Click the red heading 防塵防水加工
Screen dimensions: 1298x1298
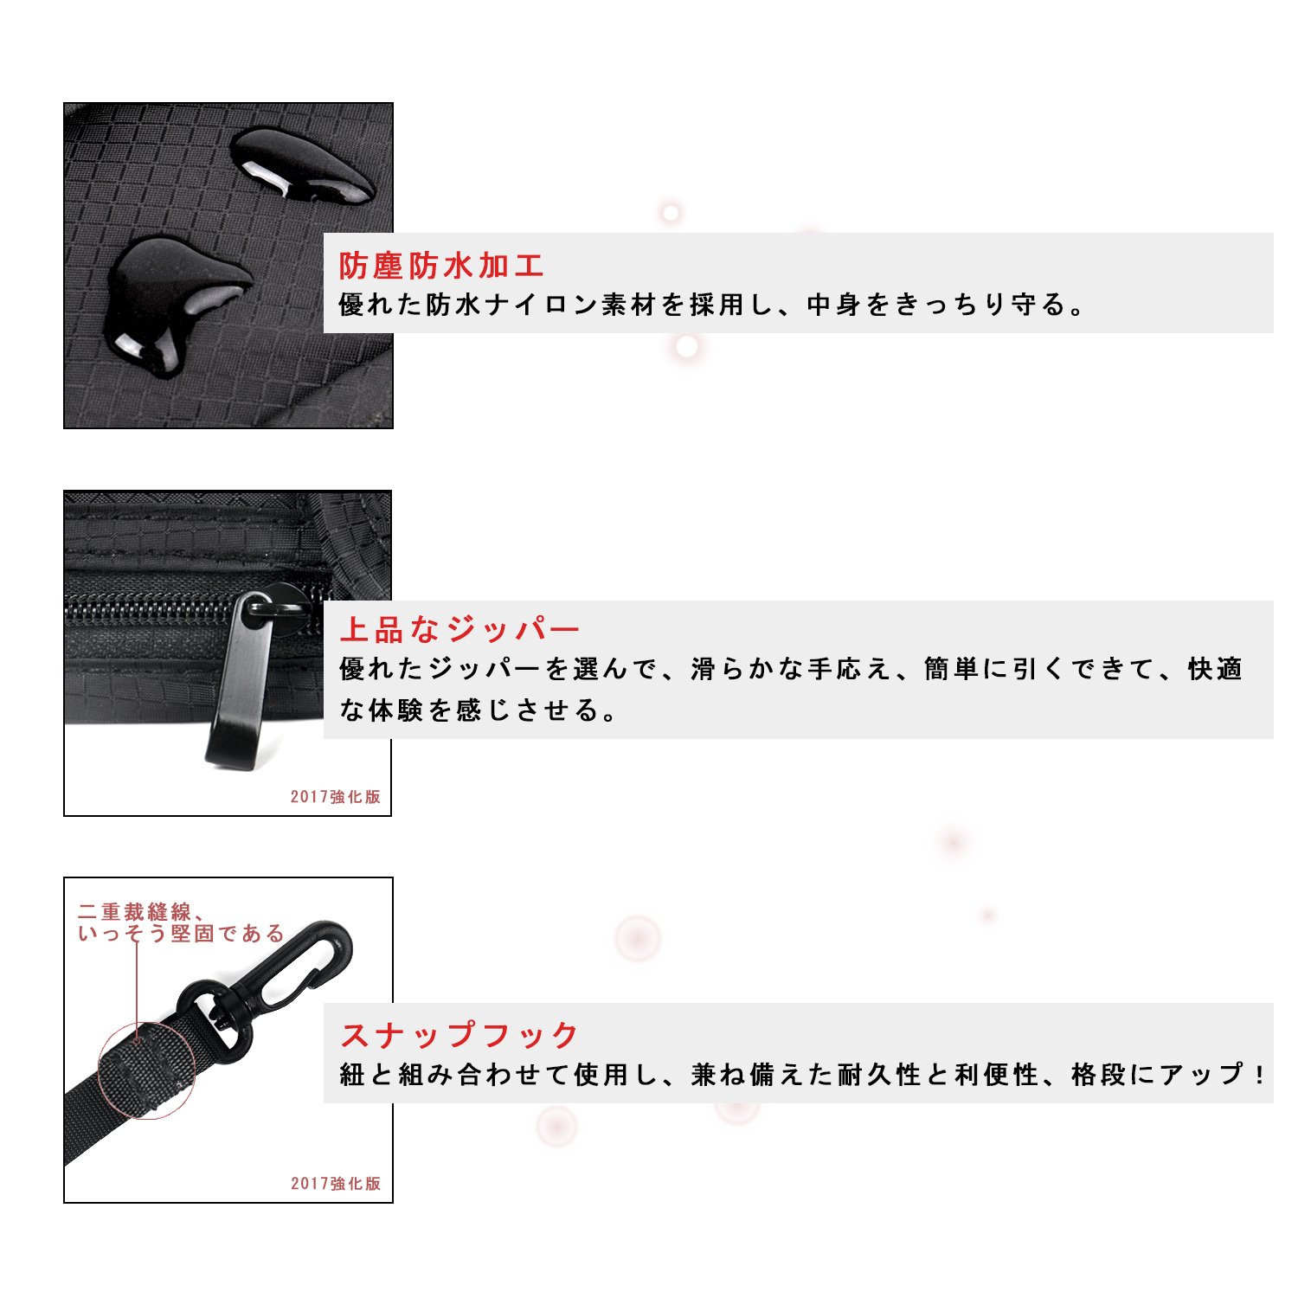click(441, 266)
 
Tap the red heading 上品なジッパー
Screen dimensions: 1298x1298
click(459, 630)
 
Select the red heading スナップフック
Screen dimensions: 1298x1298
click(459, 1035)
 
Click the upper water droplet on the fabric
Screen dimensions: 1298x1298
click(303, 166)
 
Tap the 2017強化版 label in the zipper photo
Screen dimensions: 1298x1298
click(336, 797)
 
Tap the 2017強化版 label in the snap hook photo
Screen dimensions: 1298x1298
click(336, 1184)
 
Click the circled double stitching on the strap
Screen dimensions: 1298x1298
click(145, 1071)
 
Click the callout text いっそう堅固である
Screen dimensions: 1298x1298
click(181, 934)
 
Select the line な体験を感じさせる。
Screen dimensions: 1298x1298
click(478, 710)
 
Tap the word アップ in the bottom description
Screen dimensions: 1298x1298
click(1201, 1075)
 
